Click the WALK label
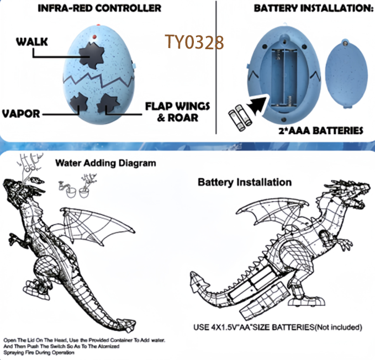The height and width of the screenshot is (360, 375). (31, 42)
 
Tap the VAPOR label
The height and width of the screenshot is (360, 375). (21, 114)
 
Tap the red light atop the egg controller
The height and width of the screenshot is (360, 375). (96, 36)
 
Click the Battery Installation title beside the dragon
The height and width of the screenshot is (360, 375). (245, 181)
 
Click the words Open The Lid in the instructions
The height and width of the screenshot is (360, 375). (20, 340)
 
